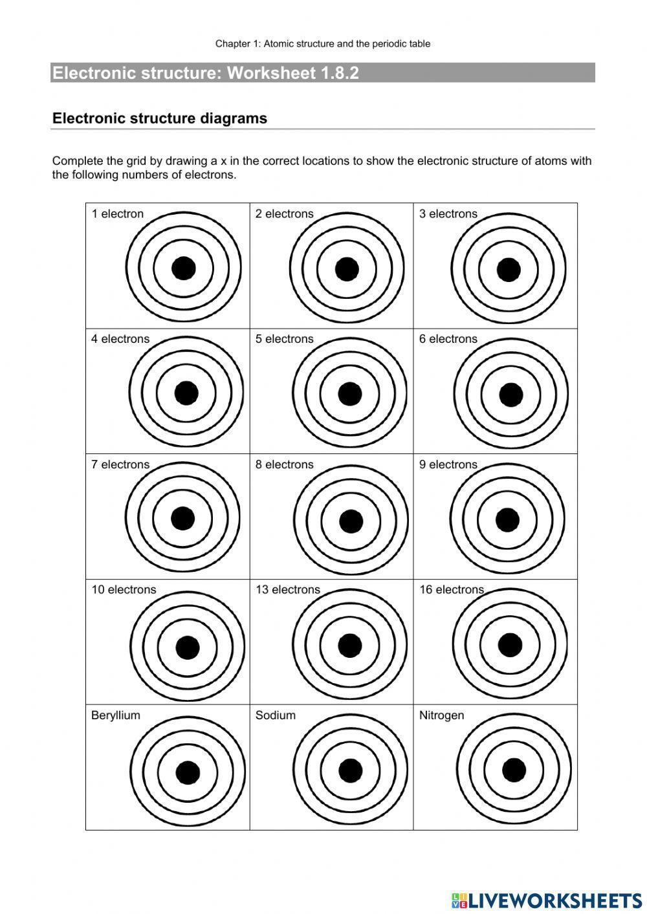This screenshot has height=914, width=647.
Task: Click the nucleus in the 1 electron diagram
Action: pyautogui.click(x=183, y=268)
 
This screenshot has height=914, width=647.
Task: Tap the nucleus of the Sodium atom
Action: pyautogui.click(x=350, y=770)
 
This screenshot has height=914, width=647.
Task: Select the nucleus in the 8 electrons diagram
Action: pyautogui.click(x=351, y=521)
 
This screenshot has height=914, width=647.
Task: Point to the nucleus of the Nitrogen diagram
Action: pyautogui.click(x=514, y=770)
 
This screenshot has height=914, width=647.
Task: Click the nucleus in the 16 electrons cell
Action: pyautogui.click(x=510, y=645)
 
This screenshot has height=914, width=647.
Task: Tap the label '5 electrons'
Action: pyautogui.click(x=284, y=339)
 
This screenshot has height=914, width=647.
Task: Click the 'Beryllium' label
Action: pyautogui.click(x=116, y=715)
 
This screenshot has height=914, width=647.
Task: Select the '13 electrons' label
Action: pyautogui.click(x=287, y=590)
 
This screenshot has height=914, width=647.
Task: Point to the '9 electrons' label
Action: pyautogui.click(x=448, y=464)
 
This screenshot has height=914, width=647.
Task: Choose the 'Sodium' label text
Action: pyautogui.click(x=276, y=715)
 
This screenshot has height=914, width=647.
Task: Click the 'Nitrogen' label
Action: pyautogui.click(x=441, y=715)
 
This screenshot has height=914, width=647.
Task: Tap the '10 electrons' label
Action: pyautogui.click(x=124, y=590)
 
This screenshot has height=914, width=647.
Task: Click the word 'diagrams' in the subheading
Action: pyautogui.click(x=235, y=118)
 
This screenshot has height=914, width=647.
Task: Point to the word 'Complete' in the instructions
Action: pyautogui.click(x=78, y=161)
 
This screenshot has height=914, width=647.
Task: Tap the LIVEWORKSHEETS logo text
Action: pyautogui.click(x=555, y=900)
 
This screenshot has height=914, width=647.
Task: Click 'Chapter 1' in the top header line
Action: pyautogui.click(x=235, y=44)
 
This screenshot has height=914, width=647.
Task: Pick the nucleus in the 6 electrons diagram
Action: pyautogui.click(x=511, y=395)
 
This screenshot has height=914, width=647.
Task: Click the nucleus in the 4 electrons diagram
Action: pyautogui.click(x=186, y=393)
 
